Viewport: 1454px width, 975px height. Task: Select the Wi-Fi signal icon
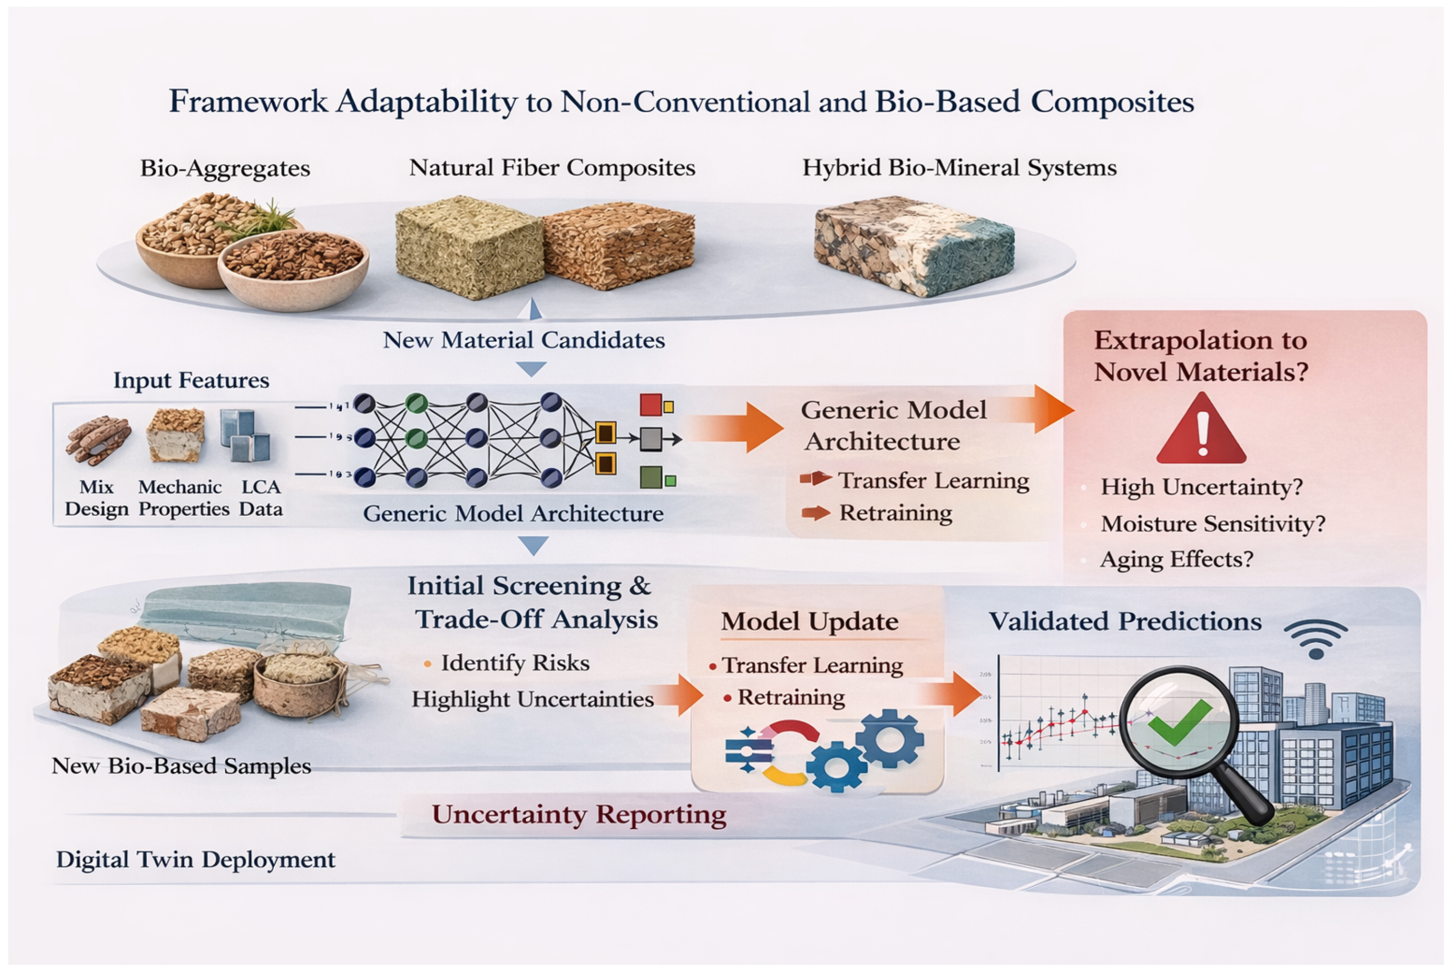pyautogui.click(x=1316, y=639)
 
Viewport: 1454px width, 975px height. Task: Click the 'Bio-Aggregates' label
pyautogui.click(x=225, y=168)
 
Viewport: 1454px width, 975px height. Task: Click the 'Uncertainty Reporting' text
pyautogui.click(x=579, y=814)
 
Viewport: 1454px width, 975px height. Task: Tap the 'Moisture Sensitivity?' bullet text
pyautogui.click(x=1213, y=523)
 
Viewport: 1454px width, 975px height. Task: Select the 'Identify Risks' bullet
pyautogui.click(x=514, y=663)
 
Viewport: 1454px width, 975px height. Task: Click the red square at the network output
pyautogui.click(x=651, y=405)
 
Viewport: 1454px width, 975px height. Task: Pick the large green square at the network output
pyautogui.click(x=651, y=478)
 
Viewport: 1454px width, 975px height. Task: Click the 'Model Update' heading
pyautogui.click(x=810, y=621)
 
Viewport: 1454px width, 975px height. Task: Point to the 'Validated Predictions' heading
pyautogui.click(x=1125, y=621)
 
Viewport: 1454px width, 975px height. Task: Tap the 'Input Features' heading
pyautogui.click(x=191, y=380)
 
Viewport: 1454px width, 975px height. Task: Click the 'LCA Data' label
pyautogui.click(x=260, y=497)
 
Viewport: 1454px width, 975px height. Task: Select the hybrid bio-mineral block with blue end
pyautogui.click(x=914, y=246)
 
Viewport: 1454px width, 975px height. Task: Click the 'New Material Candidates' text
pyautogui.click(x=523, y=339)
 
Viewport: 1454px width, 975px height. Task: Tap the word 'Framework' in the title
pyautogui.click(x=248, y=101)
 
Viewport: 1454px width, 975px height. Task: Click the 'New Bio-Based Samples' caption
pyautogui.click(x=181, y=765)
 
